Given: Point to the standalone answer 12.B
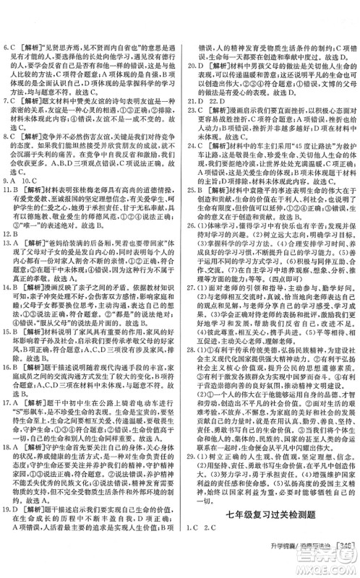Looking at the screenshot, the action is point(12,254).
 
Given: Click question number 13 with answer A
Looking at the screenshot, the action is point(12,264).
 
